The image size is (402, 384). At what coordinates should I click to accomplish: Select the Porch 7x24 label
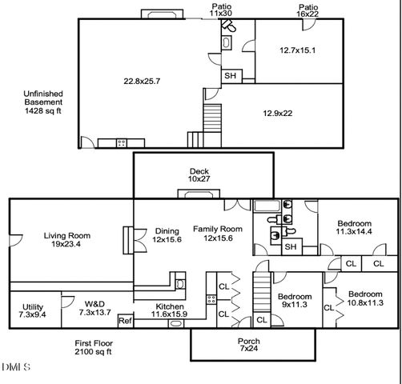(x=249, y=346)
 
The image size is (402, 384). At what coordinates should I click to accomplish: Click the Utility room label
(x=33, y=311)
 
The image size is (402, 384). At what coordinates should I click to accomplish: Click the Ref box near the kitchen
(x=125, y=321)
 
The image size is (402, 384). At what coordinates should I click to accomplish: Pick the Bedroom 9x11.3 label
(x=295, y=299)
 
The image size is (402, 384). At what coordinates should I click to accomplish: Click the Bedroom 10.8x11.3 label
(x=365, y=298)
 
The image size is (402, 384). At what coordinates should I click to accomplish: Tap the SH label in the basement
(x=230, y=76)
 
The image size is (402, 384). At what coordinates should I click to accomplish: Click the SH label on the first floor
(x=293, y=247)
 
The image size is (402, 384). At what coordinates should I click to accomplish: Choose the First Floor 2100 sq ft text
(x=93, y=346)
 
